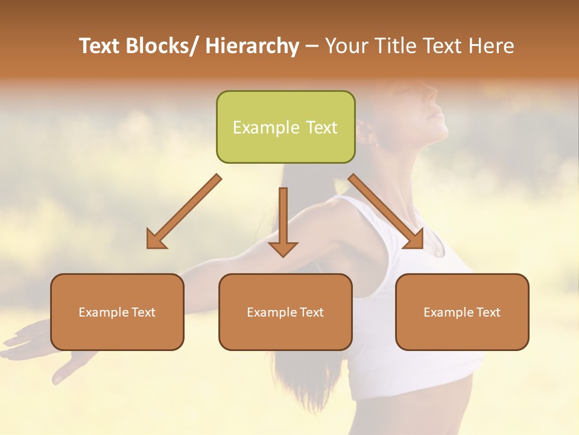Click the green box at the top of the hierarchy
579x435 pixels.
click(x=285, y=127)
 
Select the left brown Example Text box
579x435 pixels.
click(x=117, y=312)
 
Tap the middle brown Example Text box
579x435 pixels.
click(x=285, y=312)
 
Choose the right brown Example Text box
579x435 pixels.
click(x=462, y=312)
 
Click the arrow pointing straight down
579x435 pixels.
click(x=283, y=224)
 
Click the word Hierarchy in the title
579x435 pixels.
click(x=252, y=47)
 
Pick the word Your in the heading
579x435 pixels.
click(x=346, y=47)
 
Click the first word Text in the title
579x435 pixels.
click(x=99, y=47)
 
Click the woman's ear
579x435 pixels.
click(x=369, y=134)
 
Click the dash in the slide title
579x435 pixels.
click(x=312, y=47)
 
